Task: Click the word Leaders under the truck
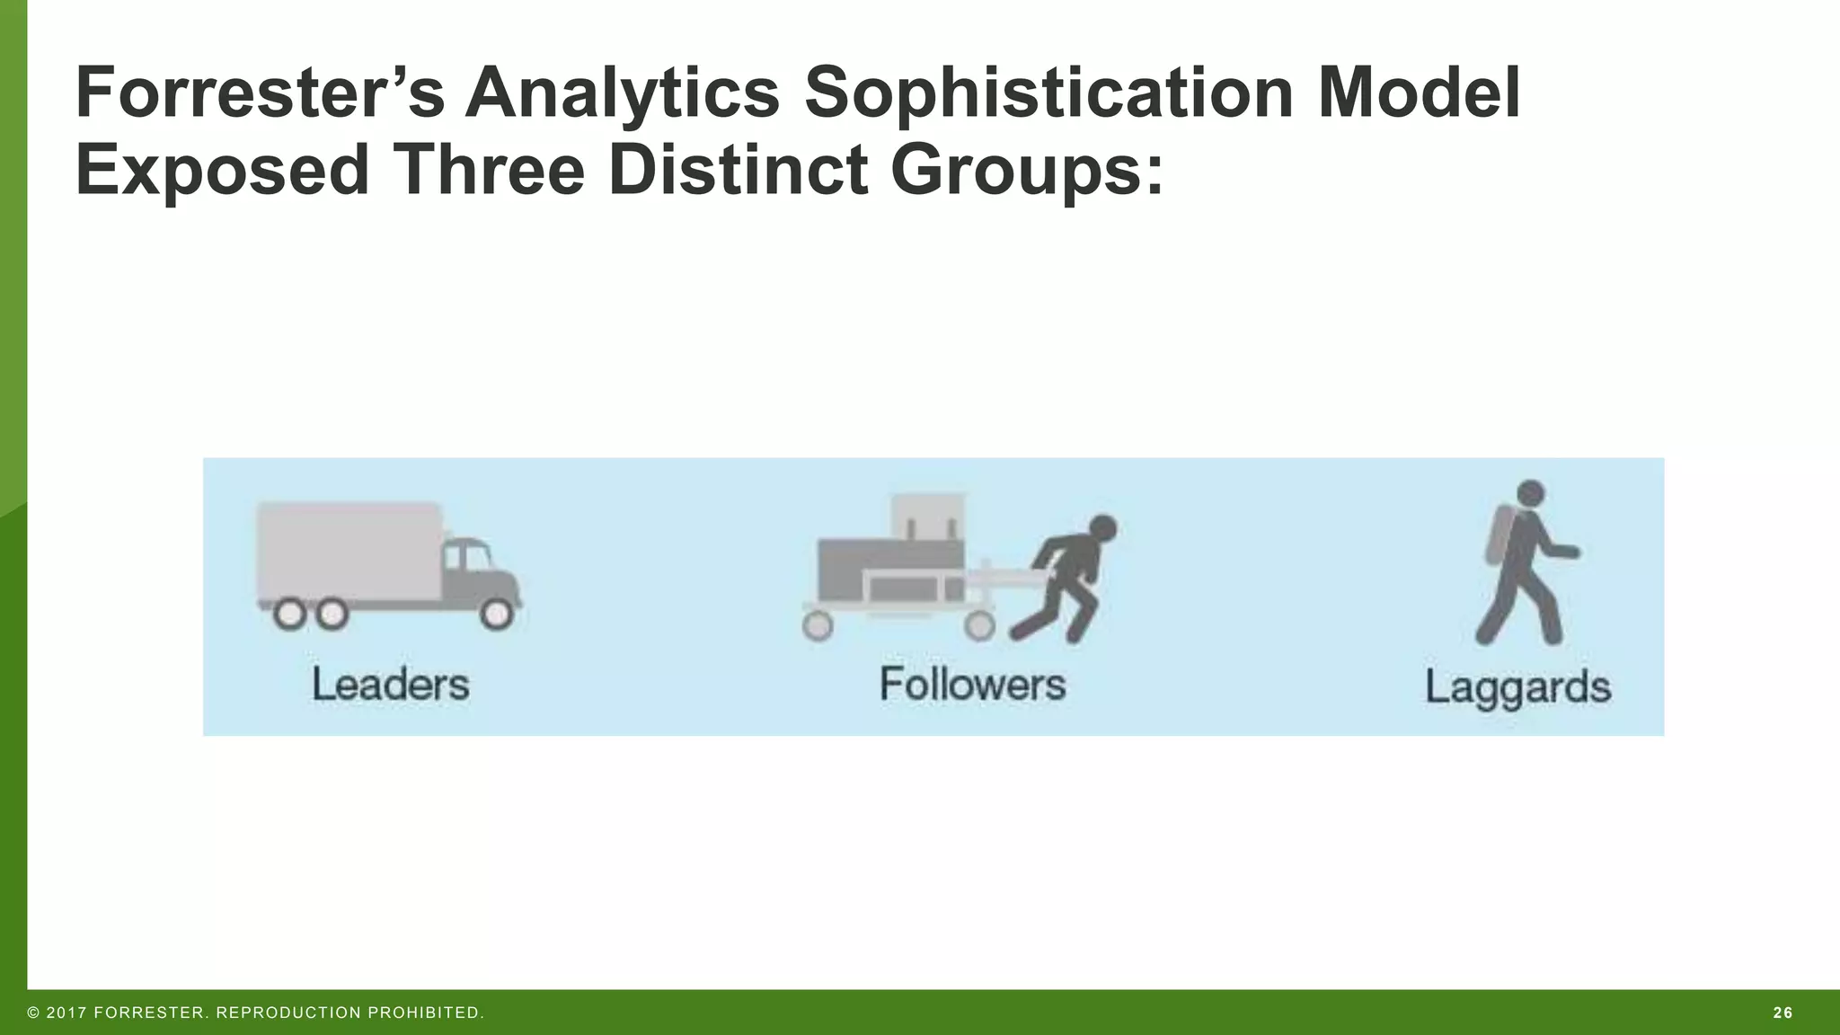coord(391,685)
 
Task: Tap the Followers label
coord(972,685)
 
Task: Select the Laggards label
coord(1517,688)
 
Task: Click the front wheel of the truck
coord(496,614)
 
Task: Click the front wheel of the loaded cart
coord(979,625)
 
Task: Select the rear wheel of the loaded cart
coord(818,625)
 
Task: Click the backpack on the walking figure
coord(1497,534)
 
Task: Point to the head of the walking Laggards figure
coord(1530,493)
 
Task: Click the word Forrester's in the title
coord(260,93)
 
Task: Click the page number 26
coord(1782,1013)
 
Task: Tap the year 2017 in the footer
coord(66,1013)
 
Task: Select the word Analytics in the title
coord(623,93)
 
